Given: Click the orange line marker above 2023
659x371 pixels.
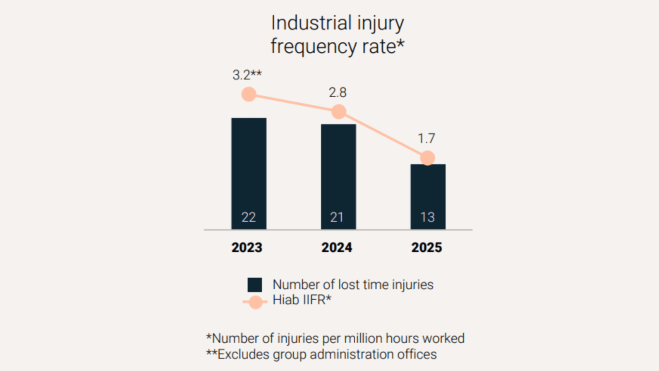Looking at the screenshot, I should pyautogui.click(x=249, y=94).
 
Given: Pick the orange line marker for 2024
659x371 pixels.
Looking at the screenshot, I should pyautogui.click(x=339, y=111).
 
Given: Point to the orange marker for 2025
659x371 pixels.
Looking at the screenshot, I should pyautogui.click(x=427, y=158).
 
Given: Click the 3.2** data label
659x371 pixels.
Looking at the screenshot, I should pyautogui.click(x=247, y=75).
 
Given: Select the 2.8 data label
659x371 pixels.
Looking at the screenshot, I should pyautogui.click(x=338, y=92).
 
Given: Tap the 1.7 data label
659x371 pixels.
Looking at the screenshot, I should pyautogui.click(x=426, y=138).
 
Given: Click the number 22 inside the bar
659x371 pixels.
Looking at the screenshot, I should pyautogui.click(x=249, y=217).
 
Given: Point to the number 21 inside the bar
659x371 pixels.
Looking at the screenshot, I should pyautogui.click(x=337, y=217).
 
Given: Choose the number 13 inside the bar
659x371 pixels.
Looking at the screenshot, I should pyautogui.click(x=427, y=217).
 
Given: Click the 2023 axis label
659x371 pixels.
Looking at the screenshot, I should pyautogui.click(x=247, y=248).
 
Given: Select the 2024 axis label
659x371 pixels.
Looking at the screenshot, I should pyautogui.click(x=337, y=248).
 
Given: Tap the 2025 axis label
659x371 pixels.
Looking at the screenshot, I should pyautogui.click(x=427, y=248).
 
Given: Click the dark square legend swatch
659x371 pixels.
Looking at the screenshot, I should pyautogui.click(x=255, y=285).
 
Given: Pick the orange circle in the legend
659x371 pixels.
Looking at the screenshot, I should pyautogui.click(x=256, y=302).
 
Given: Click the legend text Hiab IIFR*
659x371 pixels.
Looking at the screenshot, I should pyautogui.click(x=302, y=300).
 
